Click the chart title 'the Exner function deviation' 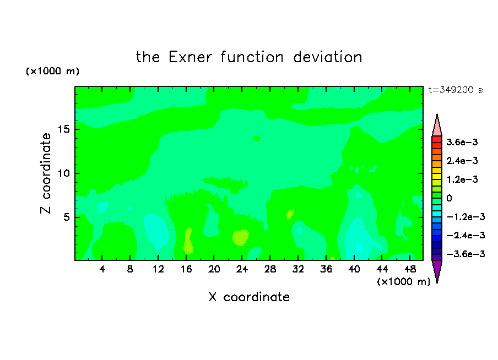(x=249, y=57)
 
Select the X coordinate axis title (x=249, y=297)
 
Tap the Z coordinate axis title (x=46, y=173)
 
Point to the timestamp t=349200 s (x=456, y=90)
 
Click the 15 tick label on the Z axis (x=63, y=129)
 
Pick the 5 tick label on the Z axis (x=66, y=217)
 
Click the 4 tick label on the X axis (x=102, y=269)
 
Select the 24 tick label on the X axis (x=242, y=269)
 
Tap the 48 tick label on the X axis (x=410, y=269)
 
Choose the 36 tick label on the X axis (x=326, y=269)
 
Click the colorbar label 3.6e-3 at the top (x=462, y=142)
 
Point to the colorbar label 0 (x=449, y=198)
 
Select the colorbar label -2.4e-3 (x=465, y=235)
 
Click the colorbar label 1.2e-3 (x=462, y=179)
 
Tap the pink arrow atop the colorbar (x=437, y=126)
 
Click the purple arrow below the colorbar (x=437, y=271)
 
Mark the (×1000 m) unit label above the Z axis (x=52, y=71)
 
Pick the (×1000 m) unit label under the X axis (x=403, y=282)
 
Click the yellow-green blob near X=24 (x=240, y=238)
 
